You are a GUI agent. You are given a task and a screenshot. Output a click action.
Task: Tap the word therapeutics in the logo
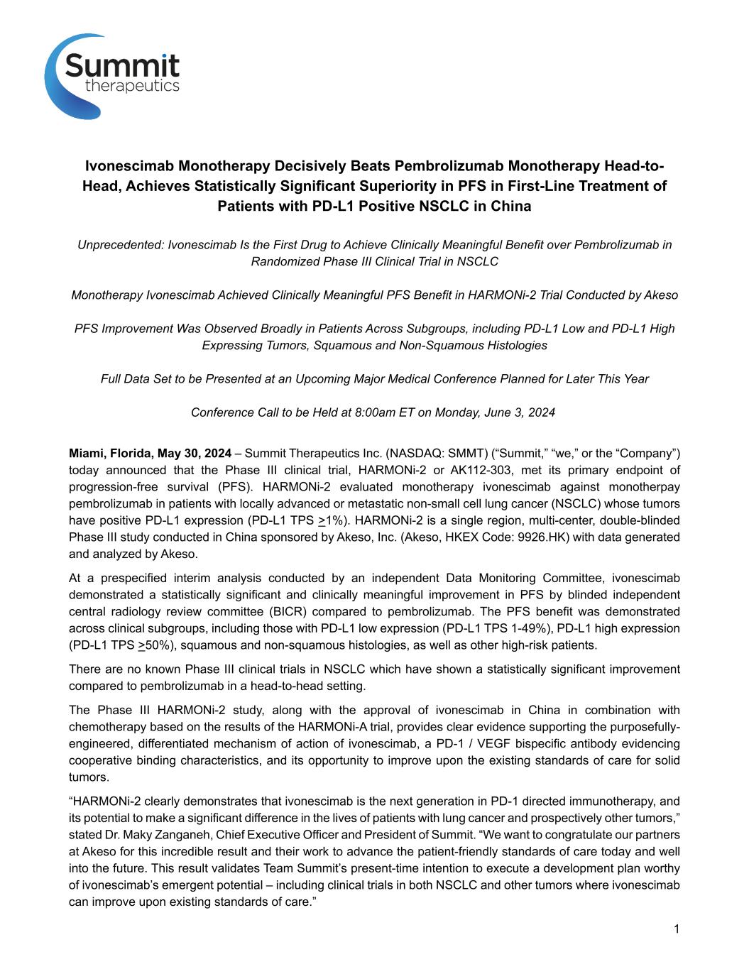point(131,86)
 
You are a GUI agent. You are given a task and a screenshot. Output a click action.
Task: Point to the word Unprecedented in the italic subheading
point(120,245)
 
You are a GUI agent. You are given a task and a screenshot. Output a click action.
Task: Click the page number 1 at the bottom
point(677,929)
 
